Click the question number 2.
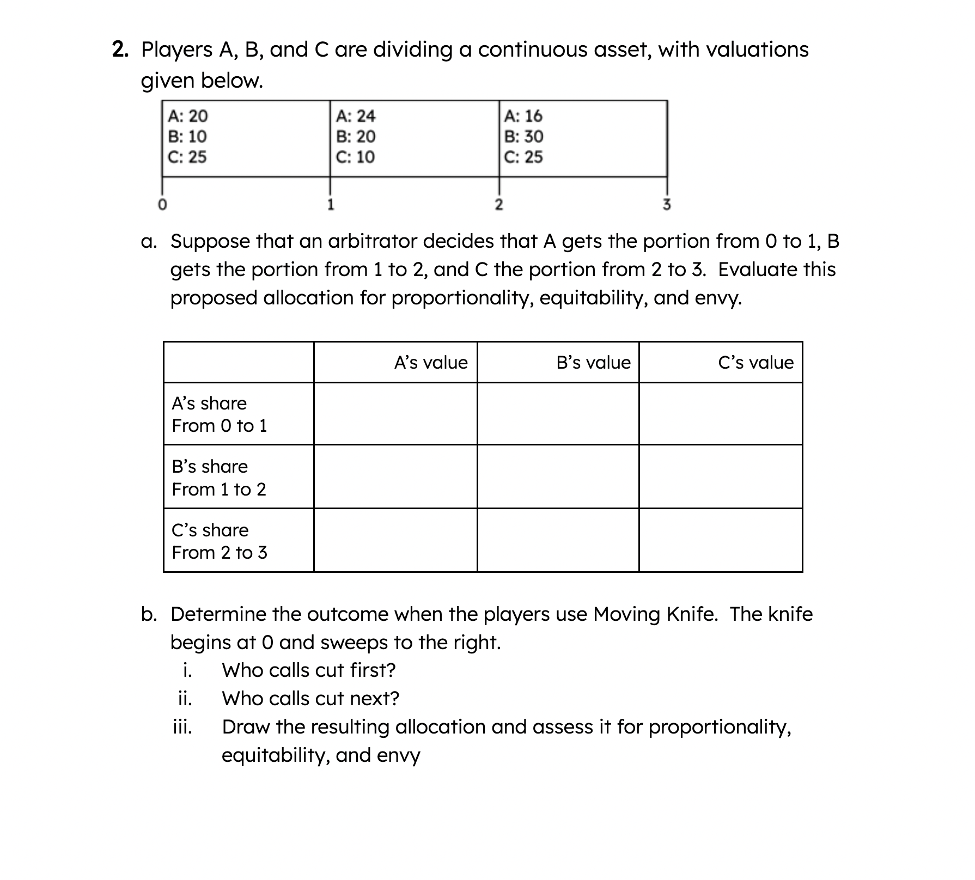click(x=120, y=50)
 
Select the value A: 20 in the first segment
click(x=187, y=116)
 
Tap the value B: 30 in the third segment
click(x=523, y=136)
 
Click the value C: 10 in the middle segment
click(x=355, y=157)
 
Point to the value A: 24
click(x=355, y=116)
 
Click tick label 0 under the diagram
click(x=162, y=205)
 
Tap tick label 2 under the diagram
click(x=498, y=205)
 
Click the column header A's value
click(x=430, y=363)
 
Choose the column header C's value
click(x=755, y=363)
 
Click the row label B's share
click(x=210, y=467)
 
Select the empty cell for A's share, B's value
click(x=558, y=414)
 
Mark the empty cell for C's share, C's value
click(x=720, y=540)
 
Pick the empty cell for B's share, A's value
click(x=395, y=477)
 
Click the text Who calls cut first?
click(x=308, y=670)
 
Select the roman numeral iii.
click(x=182, y=727)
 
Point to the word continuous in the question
click(x=531, y=50)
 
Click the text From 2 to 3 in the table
click(x=220, y=553)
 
